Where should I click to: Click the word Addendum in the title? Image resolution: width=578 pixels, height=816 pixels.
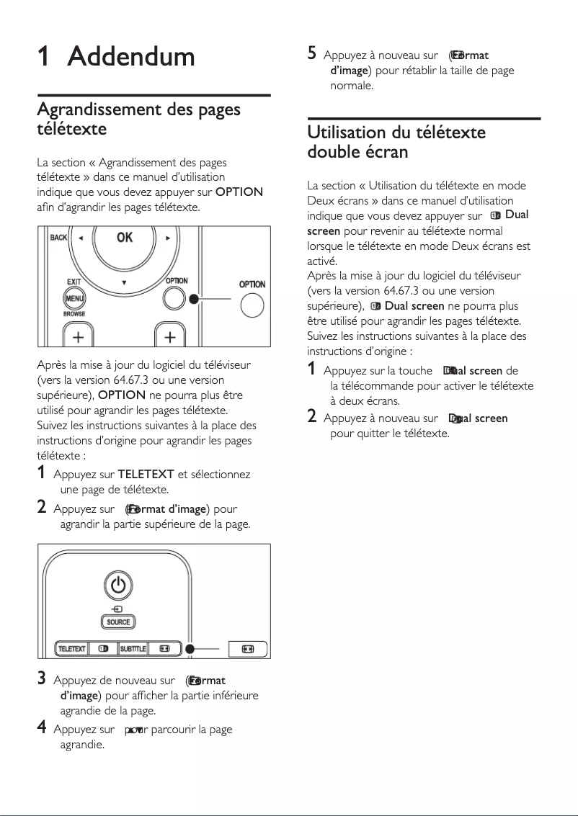[131, 56]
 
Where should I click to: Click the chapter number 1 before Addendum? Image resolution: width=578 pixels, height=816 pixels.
[43, 56]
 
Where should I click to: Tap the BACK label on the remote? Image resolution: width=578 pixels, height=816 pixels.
[58, 238]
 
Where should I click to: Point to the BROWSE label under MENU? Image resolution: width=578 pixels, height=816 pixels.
[74, 314]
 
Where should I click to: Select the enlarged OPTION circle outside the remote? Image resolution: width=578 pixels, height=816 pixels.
[252, 305]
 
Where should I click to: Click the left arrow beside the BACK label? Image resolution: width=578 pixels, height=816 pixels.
[80, 238]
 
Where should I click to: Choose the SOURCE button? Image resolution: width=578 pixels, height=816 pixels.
[118, 622]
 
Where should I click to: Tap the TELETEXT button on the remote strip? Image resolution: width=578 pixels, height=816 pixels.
[71, 648]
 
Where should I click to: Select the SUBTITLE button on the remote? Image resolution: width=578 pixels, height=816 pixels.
[133, 648]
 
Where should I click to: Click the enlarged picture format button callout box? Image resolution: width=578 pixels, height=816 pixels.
[247, 648]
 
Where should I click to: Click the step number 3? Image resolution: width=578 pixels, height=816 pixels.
[43, 678]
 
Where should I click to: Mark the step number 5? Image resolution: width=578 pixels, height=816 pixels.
[312, 53]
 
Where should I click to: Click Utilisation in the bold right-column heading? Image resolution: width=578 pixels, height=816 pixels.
[346, 133]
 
